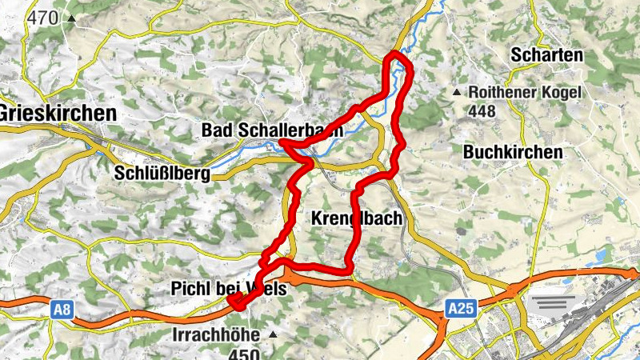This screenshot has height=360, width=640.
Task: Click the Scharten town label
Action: click(547, 56)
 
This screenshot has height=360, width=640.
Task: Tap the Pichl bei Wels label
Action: click(228, 289)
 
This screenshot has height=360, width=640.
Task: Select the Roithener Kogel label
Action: click(525, 93)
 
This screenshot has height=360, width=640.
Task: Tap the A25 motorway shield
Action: click(457, 307)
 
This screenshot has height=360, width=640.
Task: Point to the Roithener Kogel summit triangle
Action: click(458, 93)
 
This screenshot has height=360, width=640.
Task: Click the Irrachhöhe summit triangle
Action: click(273, 334)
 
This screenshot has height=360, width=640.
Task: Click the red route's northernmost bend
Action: click(395, 54)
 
